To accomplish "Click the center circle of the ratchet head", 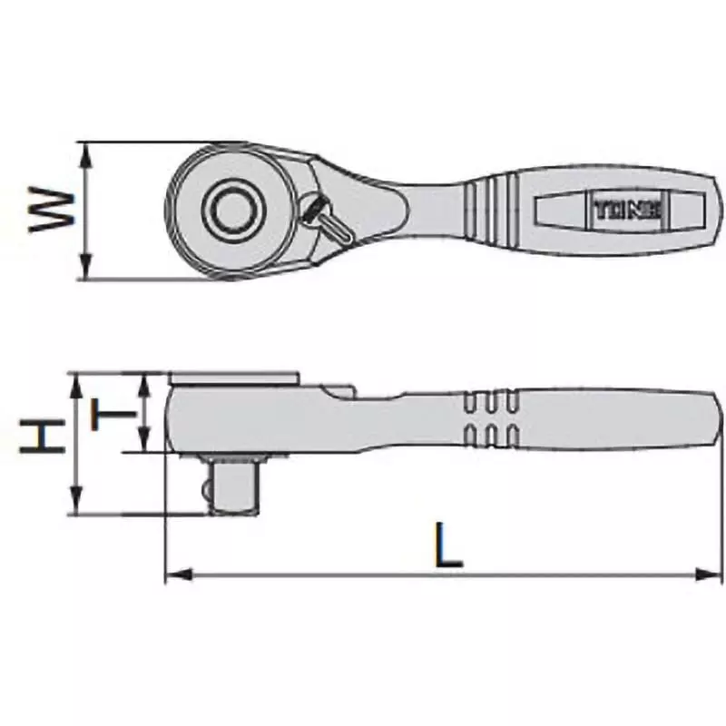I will click(x=231, y=210).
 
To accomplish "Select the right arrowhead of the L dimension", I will click(x=710, y=574).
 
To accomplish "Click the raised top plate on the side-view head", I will click(x=233, y=377).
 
